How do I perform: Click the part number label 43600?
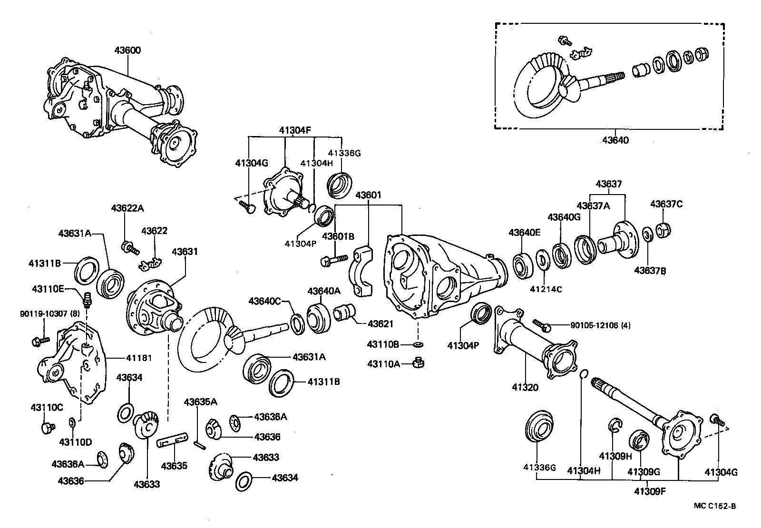tap(127, 50)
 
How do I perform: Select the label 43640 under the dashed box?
tap(615, 140)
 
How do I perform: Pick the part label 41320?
tap(525, 388)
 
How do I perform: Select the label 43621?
tap(380, 323)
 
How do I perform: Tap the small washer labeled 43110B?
tap(418, 343)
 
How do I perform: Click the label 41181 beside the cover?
tap(138, 358)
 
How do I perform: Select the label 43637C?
tap(666, 204)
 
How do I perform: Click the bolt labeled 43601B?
tap(333, 260)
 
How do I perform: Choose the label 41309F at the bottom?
tap(650, 491)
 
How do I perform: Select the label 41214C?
tap(546, 289)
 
